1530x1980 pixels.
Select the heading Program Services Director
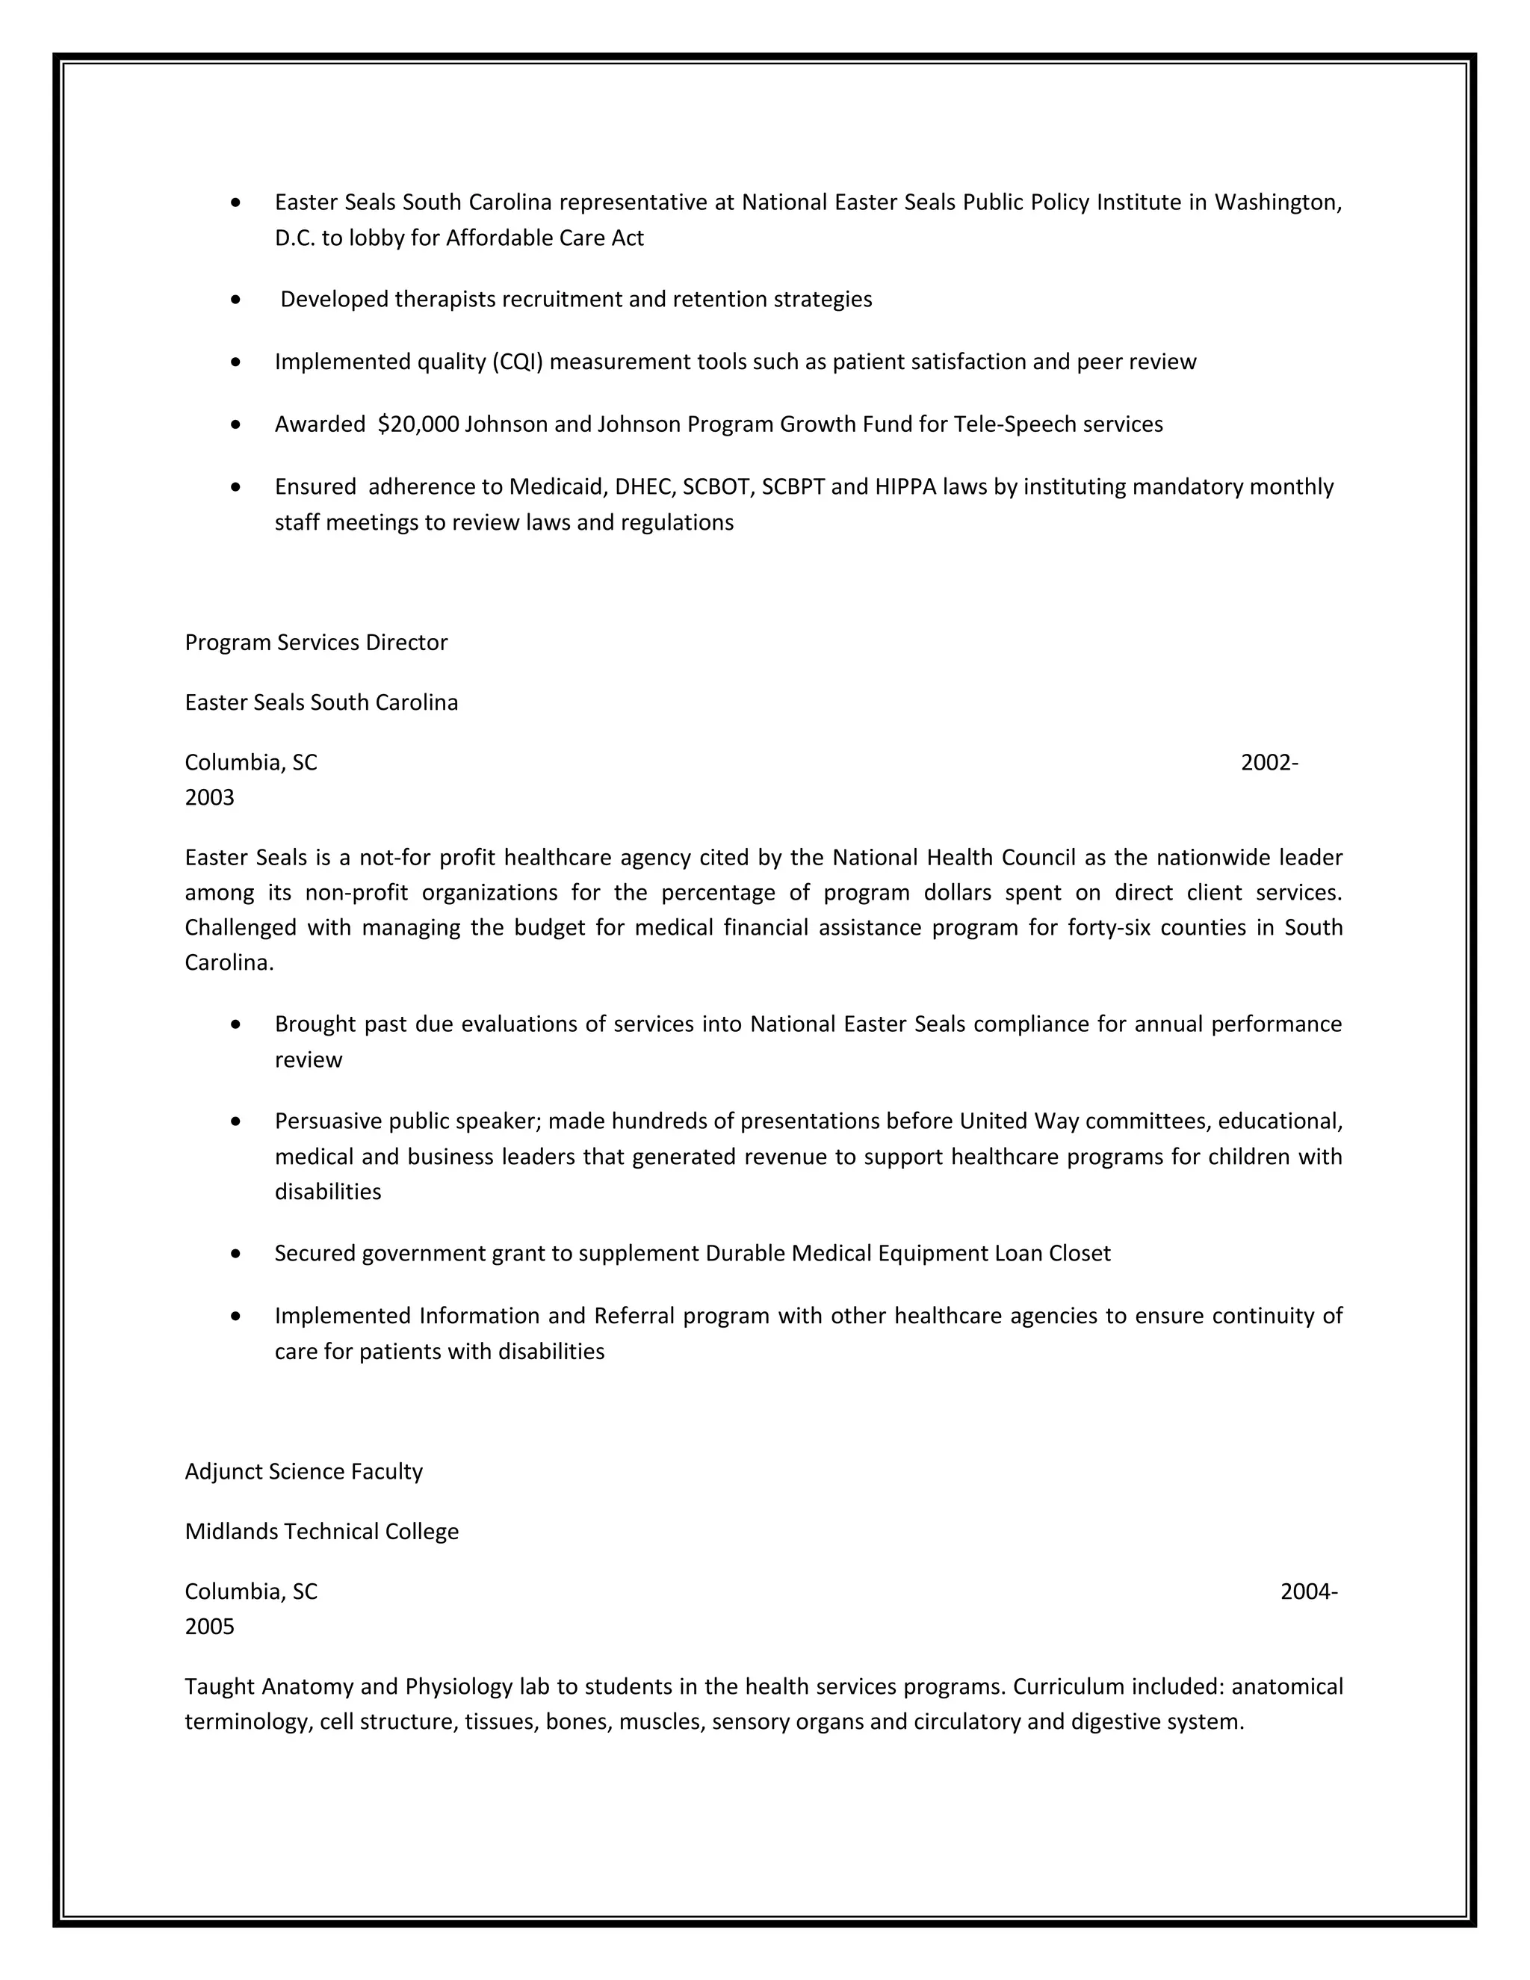(x=316, y=643)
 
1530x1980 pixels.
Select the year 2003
(x=209, y=798)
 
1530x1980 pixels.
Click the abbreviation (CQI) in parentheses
(x=518, y=362)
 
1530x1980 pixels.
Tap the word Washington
(x=1278, y=202)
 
